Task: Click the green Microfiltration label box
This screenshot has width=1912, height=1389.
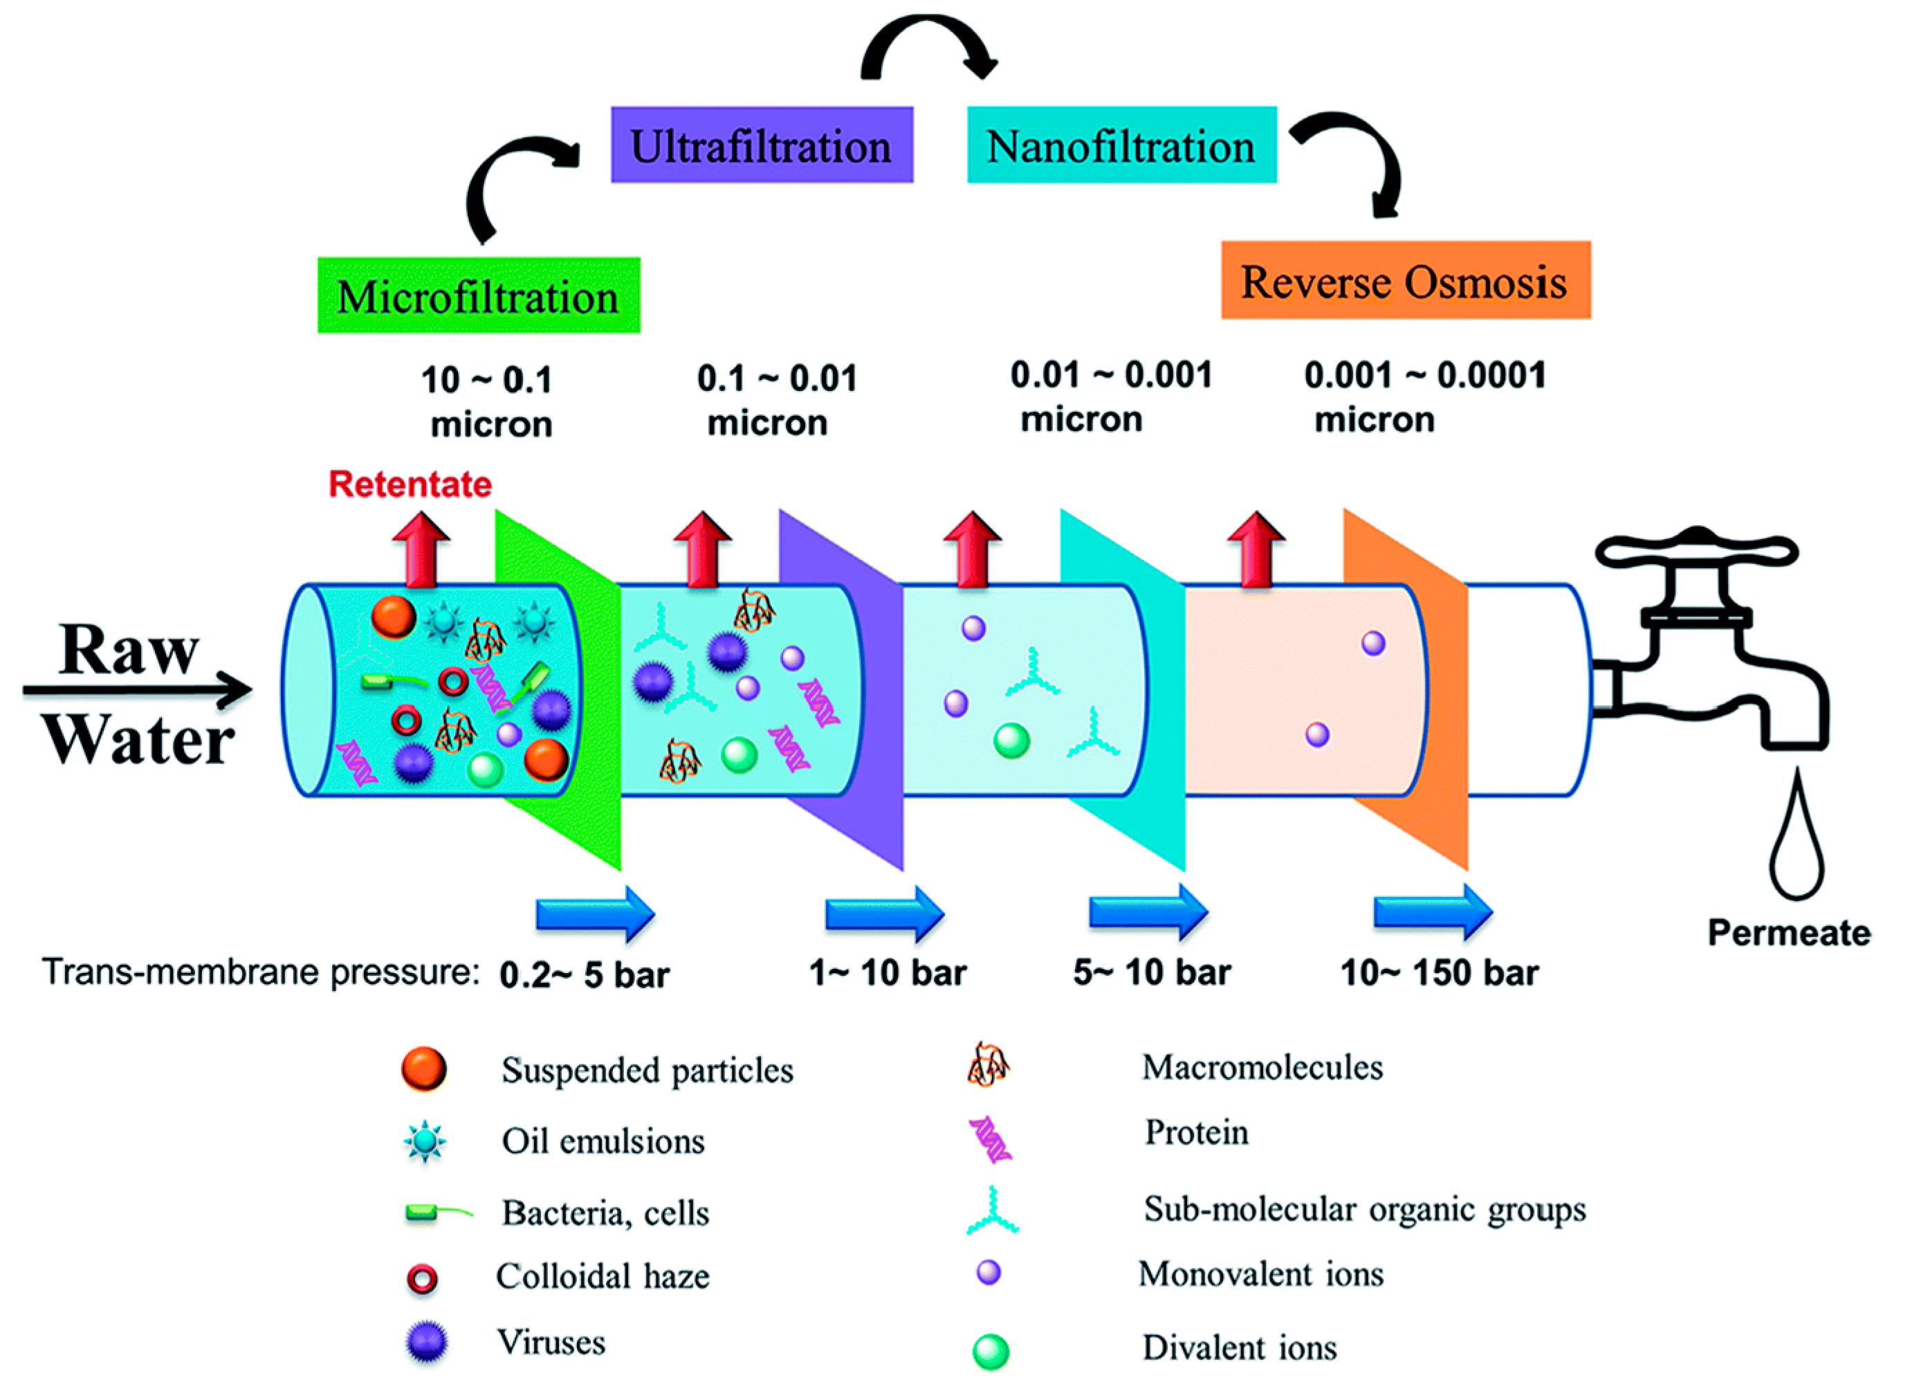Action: (478, 296)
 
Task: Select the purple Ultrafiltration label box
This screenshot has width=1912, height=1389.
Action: (761, 145)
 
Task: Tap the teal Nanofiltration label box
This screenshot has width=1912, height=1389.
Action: (1121, 145)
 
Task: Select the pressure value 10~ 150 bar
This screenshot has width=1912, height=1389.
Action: (1439, 972)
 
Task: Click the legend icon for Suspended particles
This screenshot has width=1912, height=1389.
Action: (423, 1069)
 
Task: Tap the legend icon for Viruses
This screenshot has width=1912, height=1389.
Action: (425, 1343)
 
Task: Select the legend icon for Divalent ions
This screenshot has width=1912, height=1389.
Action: (991, 1351)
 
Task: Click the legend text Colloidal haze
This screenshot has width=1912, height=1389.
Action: (602, 1276)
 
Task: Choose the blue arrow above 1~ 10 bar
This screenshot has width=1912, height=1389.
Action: (884, 913)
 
